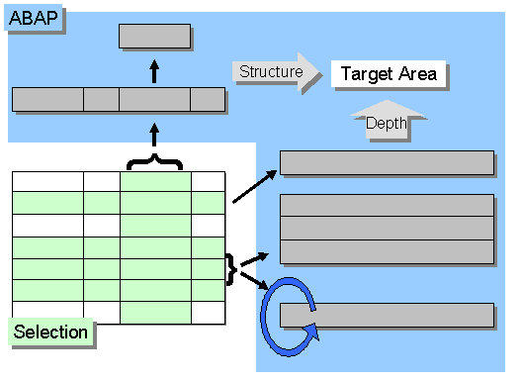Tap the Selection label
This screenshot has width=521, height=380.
[50, 332]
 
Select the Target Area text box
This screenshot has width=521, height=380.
[389, 73]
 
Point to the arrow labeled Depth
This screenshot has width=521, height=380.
[387, 121]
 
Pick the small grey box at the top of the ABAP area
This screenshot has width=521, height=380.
[154, 37]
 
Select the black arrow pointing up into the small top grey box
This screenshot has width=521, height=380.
[154, 70]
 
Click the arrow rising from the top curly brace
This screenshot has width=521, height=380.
[154, 134]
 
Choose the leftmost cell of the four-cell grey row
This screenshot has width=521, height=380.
[47, 99]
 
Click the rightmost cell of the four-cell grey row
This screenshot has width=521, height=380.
[208, 99]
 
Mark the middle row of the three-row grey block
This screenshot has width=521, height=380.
[387, 229]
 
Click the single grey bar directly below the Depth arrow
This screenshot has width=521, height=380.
[387, 163]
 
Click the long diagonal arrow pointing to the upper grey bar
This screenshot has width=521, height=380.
[255, 186]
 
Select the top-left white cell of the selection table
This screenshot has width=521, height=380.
[47, 181]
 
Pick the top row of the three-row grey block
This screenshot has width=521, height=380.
[387, 206]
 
